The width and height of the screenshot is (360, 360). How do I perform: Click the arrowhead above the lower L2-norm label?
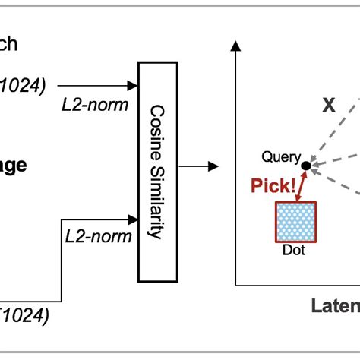click(133, 220)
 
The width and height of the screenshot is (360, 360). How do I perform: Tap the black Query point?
click(305, 165)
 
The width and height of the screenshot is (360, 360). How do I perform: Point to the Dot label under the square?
click(292, 249)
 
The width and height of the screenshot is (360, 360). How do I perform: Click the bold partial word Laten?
click(336, 306)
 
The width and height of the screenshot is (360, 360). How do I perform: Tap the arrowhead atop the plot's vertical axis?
click(236, 49)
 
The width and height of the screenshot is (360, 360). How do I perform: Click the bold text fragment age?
click(14, 166)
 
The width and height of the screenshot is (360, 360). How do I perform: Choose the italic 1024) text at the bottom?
click(26, 316)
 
